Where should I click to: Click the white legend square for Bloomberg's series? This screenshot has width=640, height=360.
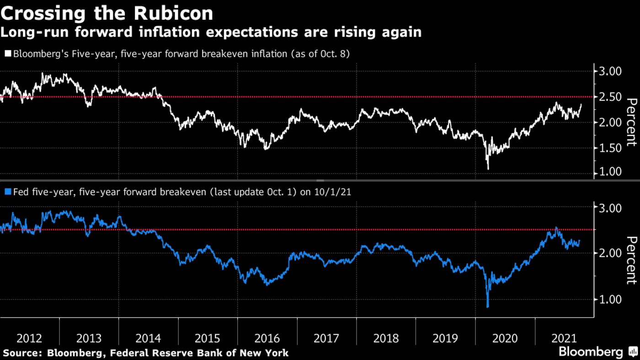7,54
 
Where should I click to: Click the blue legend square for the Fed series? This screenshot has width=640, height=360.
7,192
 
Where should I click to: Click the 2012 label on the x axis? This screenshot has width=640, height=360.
29,339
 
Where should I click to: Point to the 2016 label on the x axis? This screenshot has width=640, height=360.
267,339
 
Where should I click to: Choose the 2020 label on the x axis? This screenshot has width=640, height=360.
505,339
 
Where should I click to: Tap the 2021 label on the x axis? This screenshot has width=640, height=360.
564,339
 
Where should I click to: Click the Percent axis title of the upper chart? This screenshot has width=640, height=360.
631,122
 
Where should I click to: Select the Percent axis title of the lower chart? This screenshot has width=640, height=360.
631,260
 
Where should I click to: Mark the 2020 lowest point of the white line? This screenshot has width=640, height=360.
488,169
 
